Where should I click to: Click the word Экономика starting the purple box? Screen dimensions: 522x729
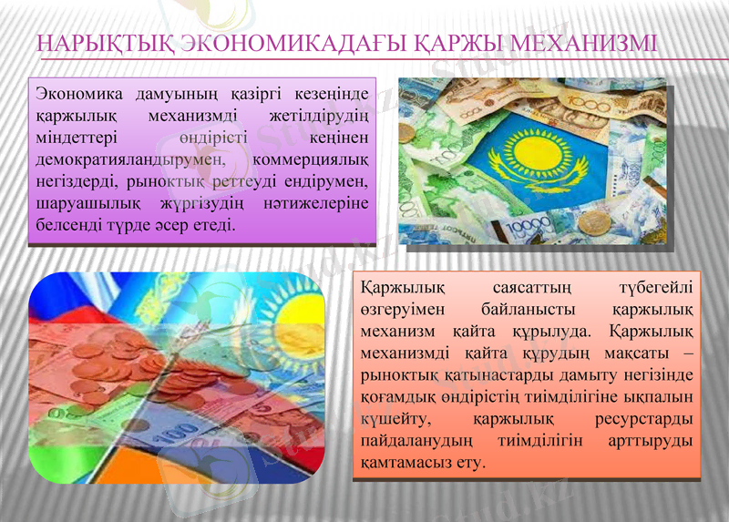[x=77, y=94]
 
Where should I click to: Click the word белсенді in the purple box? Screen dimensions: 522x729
[x=69, y=224]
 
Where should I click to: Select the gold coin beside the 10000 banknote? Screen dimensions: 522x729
[x=593, y=221]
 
